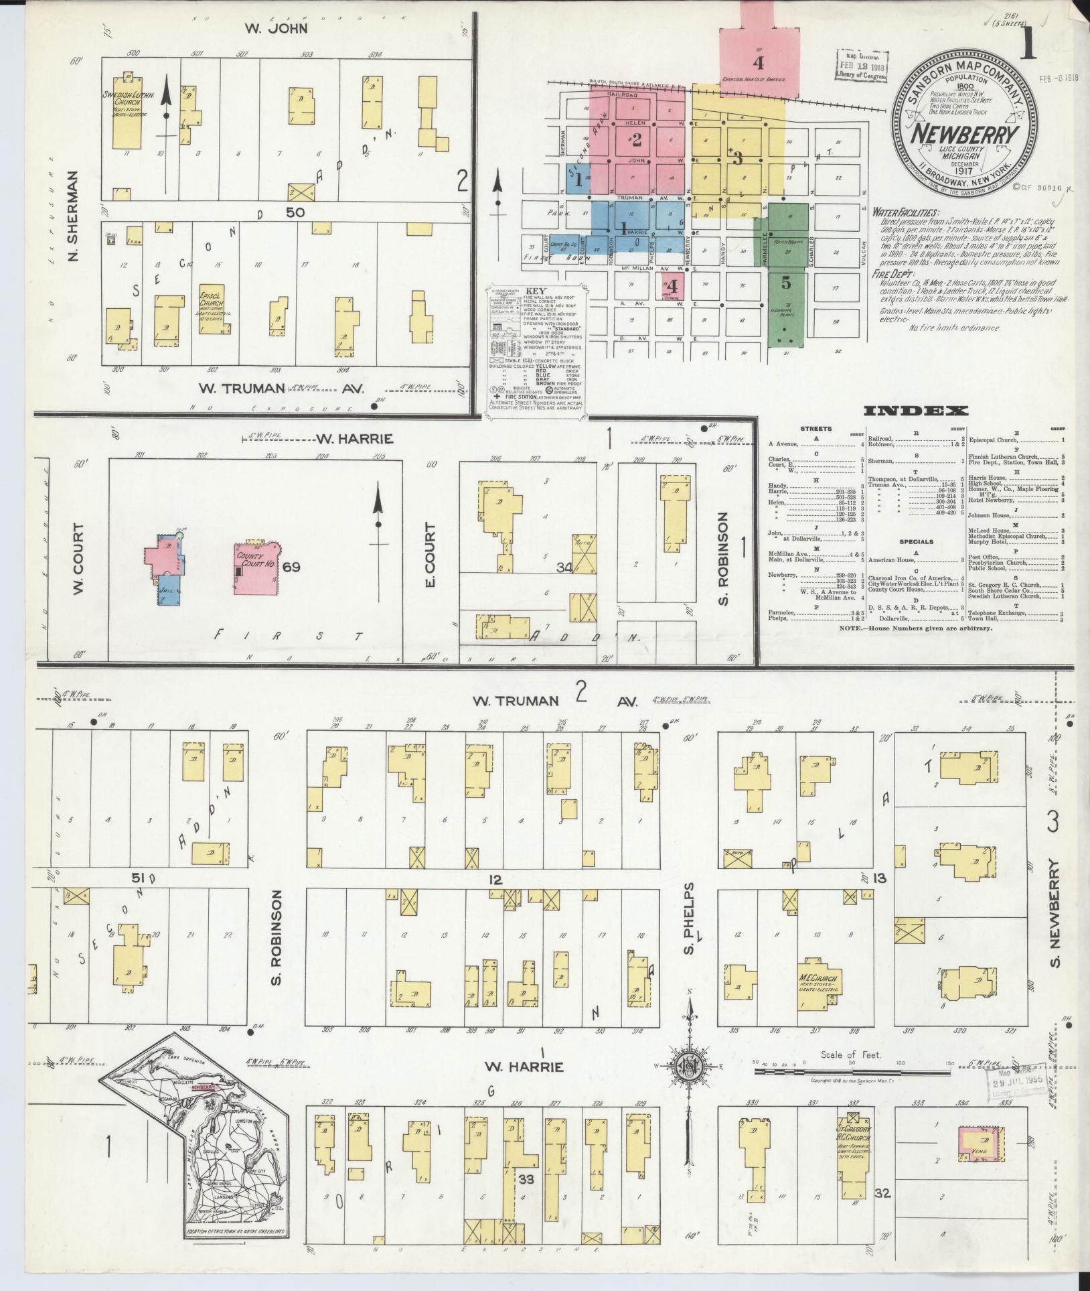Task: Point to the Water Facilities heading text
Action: (x=905, y=212)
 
